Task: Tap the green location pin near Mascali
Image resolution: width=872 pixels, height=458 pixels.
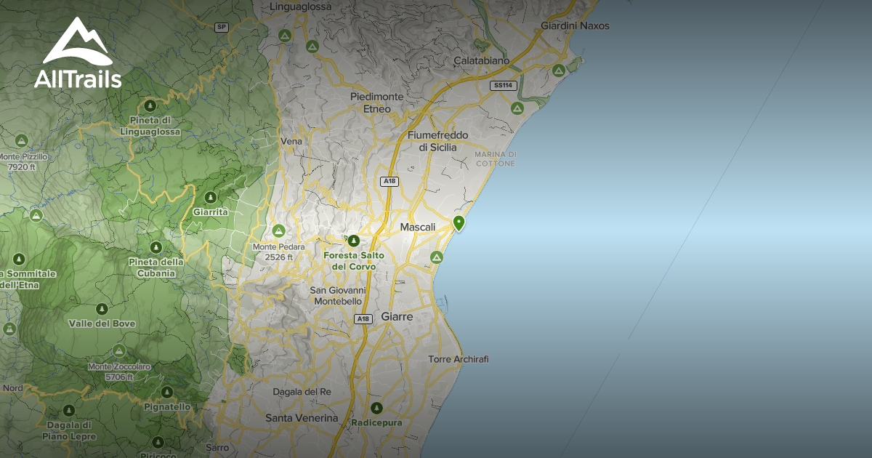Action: pos(459,222)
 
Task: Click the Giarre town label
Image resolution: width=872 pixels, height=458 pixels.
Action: pos(397,317)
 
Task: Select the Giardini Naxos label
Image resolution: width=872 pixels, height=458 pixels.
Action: pos(575,25)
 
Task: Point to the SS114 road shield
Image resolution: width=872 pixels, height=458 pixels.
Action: pos(504,85)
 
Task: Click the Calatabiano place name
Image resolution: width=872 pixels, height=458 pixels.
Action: pos(481,60)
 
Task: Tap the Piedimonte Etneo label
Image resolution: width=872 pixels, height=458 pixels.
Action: pos(376,103)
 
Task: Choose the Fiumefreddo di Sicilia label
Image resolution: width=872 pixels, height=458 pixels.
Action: pos(437,141)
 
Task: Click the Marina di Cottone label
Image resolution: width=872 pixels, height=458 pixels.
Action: pos(495,158)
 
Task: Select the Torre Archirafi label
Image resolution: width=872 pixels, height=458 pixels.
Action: pos(458,359)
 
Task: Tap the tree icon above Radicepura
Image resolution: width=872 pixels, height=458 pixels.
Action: pos(376,408)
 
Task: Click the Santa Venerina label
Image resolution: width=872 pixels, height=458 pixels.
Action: pos(302,418)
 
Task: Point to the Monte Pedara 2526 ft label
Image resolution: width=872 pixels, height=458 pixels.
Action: pos(278,252)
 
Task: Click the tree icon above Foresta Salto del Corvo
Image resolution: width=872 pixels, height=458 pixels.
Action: pos(353,241)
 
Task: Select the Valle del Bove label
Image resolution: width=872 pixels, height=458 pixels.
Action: pos(102,324)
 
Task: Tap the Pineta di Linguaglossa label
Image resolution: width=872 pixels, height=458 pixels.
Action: pos(150,124)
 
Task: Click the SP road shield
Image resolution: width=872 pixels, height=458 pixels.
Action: pos(222,27)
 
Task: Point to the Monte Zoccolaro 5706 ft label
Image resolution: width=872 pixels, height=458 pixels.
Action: pos(119,371)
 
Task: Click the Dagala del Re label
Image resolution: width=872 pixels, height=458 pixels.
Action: pos(302,392)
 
